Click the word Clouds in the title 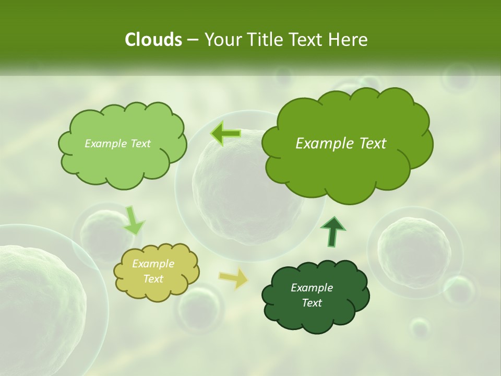click(x=153, y=40)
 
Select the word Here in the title click(x=350, y=40)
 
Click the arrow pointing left click(x=225, y=134)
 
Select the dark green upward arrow click(x=332, y=231)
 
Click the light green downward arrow click(x=134, y=220)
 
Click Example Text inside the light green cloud click(x=117, y=144)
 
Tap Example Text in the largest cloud click(x=341, y=144)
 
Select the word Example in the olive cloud click(x=153, y=264)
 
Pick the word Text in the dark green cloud click(x=312, y=303)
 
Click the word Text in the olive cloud click(x=153, y=279)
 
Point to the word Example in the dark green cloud click(x=312, y=288)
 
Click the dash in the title click(x=192, y=40)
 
